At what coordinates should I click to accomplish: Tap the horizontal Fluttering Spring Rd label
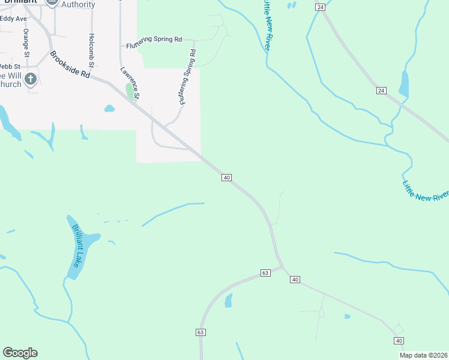pos(154,39)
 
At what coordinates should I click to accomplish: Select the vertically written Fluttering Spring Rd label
pos(187,77)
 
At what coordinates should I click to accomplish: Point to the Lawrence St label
pos(130,82)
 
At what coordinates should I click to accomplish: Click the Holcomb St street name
pos(92,50)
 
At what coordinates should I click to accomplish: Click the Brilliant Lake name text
pos(80,246)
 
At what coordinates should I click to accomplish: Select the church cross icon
pos(31,79)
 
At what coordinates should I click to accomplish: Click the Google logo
pos(20,353)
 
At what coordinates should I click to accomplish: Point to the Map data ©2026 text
pos(423,355)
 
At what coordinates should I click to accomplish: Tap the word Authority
pos(78,5)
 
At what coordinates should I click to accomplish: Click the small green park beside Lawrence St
pos(130,92)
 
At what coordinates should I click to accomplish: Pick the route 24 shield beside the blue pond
pos(381,91)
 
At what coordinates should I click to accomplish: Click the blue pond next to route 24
pos(403,85)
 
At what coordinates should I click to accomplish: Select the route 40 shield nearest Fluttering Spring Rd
pos(226,178)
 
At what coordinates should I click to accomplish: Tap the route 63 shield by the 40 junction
pos(265,272)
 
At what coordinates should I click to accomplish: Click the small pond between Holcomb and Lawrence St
pos(109,109)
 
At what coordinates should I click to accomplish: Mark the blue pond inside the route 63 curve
pos(229,301)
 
